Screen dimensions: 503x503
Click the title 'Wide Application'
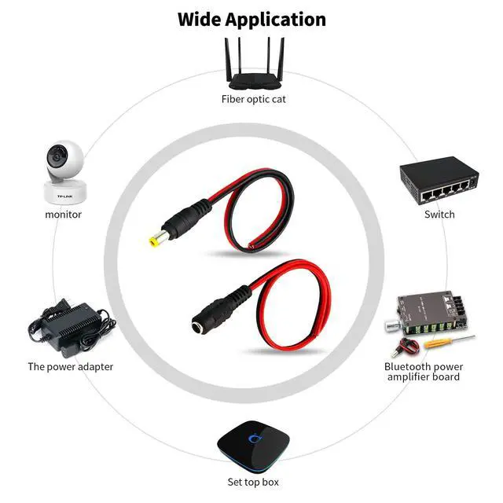[251, 19]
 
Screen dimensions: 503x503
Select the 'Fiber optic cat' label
[251, 100]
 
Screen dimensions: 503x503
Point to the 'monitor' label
[63, 214]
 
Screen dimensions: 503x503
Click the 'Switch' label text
[439, 214]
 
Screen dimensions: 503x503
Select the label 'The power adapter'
[71, 366]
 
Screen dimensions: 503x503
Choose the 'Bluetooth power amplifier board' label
[424, 372]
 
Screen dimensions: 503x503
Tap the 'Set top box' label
[251, 482]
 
